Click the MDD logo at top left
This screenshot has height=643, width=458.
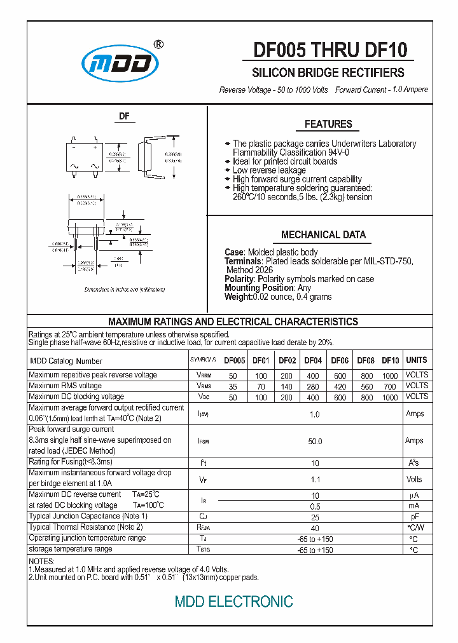coord(120,64)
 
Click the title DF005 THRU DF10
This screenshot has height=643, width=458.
coord(330,50)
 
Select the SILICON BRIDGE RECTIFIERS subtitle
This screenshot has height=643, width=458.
coord(328,72)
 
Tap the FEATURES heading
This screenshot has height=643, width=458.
coord(328,125)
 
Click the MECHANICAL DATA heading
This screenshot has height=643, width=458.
coord(323,234)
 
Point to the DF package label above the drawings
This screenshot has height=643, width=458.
coord(125,116)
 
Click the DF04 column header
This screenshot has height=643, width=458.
coord(313,360)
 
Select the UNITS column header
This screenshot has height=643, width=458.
coord(417,360)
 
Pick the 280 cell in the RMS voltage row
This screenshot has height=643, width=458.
coord(313,386)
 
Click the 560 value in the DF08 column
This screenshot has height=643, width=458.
coord(366,386)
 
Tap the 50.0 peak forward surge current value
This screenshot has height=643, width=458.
coord(315,441)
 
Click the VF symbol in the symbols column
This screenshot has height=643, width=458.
coord(204,480)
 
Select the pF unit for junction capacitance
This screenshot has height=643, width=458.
coord(414,517)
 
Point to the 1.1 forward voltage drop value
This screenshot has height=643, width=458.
coord(314,480)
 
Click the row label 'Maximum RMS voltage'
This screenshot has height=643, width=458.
coord(65,386)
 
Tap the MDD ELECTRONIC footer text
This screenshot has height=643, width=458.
coord(234,601)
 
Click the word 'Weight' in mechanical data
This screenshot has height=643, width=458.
coord(238,297)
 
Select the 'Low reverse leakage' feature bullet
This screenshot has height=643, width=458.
coord(269,170)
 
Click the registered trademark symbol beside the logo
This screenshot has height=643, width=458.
coord(158,44)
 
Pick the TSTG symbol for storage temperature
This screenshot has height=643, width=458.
coord(204,549)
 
